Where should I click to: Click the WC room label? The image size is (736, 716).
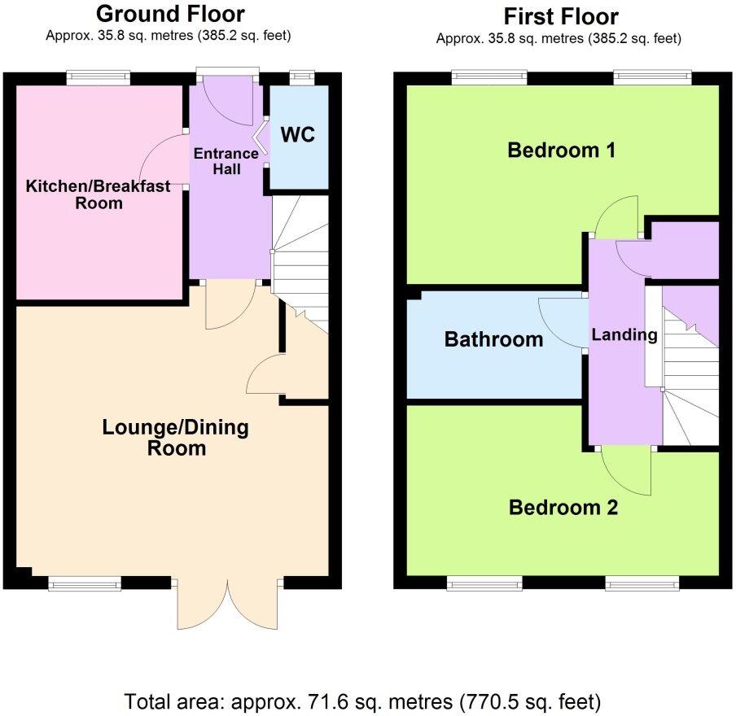tap(297, 134)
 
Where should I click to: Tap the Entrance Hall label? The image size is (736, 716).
tap(225, 161)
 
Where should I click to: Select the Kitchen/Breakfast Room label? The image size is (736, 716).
tap(99, 194)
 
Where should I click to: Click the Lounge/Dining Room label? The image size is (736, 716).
tap(175, 438)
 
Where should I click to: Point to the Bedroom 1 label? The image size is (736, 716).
tap(561, 151)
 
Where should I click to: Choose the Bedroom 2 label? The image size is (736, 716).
tap(563, 508)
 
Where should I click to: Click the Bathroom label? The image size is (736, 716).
tap(493, 339)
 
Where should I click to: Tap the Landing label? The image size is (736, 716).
tap(624, 334)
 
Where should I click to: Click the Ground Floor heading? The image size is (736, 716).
tap(169, 14)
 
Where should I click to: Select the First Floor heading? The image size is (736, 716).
tap(561, 16)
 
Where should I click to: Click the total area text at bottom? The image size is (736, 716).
tap(362, 701)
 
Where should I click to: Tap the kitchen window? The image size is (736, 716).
tap(98, 78)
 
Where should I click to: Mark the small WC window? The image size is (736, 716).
tap(302, 78)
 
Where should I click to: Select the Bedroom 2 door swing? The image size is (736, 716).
tap(627, 470)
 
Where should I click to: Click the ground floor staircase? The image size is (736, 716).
tap(301, 260)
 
